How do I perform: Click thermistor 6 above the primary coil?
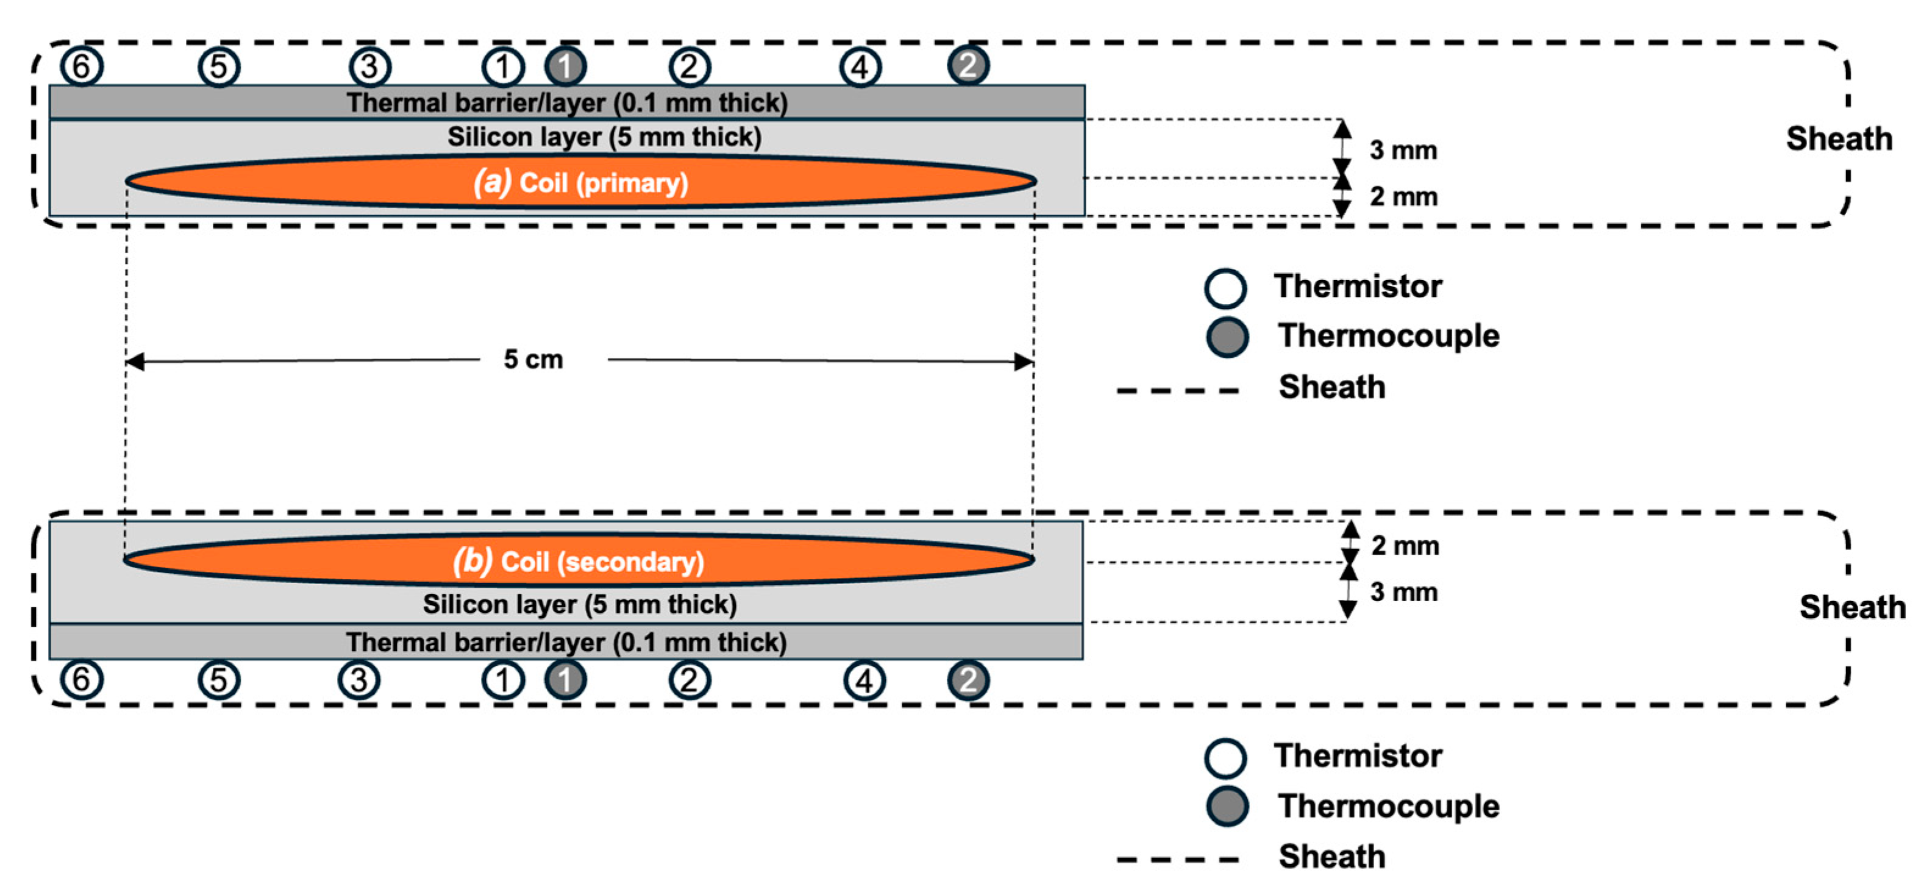pos(81,66)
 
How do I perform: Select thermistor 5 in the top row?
pos(218,66)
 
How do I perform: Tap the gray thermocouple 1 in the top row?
pos(565,66)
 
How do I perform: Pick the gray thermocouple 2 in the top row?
pos(968,66)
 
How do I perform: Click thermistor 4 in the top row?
pos(861,68)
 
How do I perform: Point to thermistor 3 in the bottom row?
pos(358,680)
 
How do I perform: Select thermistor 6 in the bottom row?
pos(81,680)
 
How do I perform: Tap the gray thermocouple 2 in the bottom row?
pos(968,680)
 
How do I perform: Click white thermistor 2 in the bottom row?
pos(689,680)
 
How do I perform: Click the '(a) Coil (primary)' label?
pos(581,182)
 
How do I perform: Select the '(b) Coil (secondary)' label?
pos(579,561)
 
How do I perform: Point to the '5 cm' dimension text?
pos(533,360)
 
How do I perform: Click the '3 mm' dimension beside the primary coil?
pos(1403,151)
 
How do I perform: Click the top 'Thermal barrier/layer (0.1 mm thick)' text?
pos(567,103)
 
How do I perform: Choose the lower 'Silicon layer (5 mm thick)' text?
pos(579,604)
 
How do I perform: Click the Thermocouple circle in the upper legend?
pos(1227,337)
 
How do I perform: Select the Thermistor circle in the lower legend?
pos(1225,757)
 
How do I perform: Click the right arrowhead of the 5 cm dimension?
pos(1025,362)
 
